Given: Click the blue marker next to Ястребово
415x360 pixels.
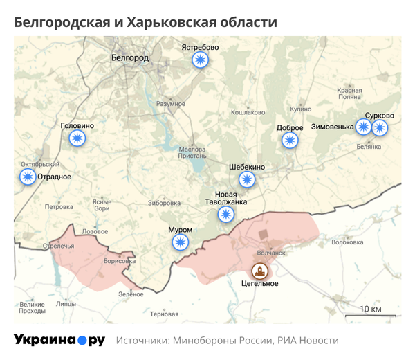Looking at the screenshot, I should pos(200,61).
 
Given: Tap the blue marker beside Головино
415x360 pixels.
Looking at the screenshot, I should pos(77,138).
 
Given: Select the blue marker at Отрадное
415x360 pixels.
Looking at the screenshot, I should pos(28,177).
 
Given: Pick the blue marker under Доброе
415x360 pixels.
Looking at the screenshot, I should pos(290,141).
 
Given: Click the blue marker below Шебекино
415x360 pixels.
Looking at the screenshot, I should pos(247,180).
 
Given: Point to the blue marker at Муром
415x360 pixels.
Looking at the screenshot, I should pos(181,242).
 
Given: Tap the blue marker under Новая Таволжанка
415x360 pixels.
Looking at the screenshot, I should pos(225,215).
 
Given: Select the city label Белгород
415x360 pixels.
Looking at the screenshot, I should pos(129,58).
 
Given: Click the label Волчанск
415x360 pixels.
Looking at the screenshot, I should pos(271,253).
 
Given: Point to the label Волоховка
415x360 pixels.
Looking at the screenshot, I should pos(347,242).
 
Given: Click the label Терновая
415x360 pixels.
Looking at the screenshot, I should pos(164,314).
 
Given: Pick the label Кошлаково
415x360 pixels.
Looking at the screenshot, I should pos(248,111).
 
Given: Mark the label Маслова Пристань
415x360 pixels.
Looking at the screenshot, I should pos(192,153).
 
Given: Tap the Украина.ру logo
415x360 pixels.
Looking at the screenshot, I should pos(59,341).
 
